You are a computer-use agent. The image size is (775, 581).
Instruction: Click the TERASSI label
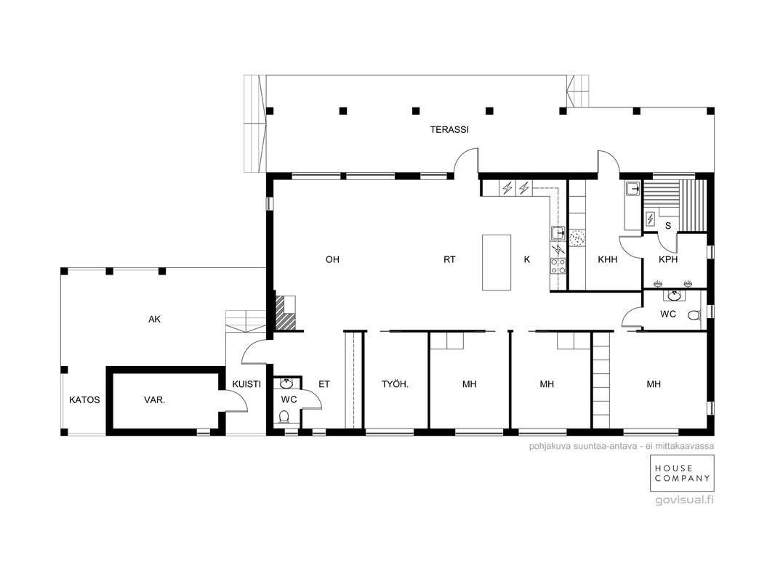(x=449, y=130)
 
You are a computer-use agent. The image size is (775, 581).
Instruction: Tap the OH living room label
(x=332, y=260)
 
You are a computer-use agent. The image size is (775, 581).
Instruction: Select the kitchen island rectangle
(x=497, y=262)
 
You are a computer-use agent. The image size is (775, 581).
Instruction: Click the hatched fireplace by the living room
(x=286, y=313)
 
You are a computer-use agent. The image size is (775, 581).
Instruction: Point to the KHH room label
(x=608, y=260)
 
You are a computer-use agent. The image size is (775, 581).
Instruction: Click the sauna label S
(x=668, y=226)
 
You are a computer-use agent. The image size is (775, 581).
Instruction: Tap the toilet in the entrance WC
(x=284, y=418)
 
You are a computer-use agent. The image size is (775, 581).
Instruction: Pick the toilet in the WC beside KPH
(x=694, y=314)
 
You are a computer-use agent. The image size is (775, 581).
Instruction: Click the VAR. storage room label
(x=154, y=400)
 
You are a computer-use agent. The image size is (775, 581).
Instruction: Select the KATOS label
(x=84, y=400)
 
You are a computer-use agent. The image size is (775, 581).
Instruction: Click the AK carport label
(x=154, y=320)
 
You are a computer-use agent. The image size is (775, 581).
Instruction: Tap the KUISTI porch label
(x=246, y=384)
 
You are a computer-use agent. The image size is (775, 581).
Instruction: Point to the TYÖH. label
(x=395, y=384)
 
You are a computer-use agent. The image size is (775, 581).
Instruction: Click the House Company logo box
(x=682, y=474)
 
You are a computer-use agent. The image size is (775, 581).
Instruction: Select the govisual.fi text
(x=685, y=500)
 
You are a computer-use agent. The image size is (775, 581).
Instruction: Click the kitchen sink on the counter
(x=558, y=232)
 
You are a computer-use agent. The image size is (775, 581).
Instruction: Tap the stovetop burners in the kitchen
(x=558, y=266)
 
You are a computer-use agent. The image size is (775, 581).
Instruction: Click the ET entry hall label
(x=324, y=384)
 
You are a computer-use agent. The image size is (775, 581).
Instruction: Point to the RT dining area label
(x=449, y=260)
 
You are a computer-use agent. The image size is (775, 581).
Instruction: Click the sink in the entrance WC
(x=286, y=383)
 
